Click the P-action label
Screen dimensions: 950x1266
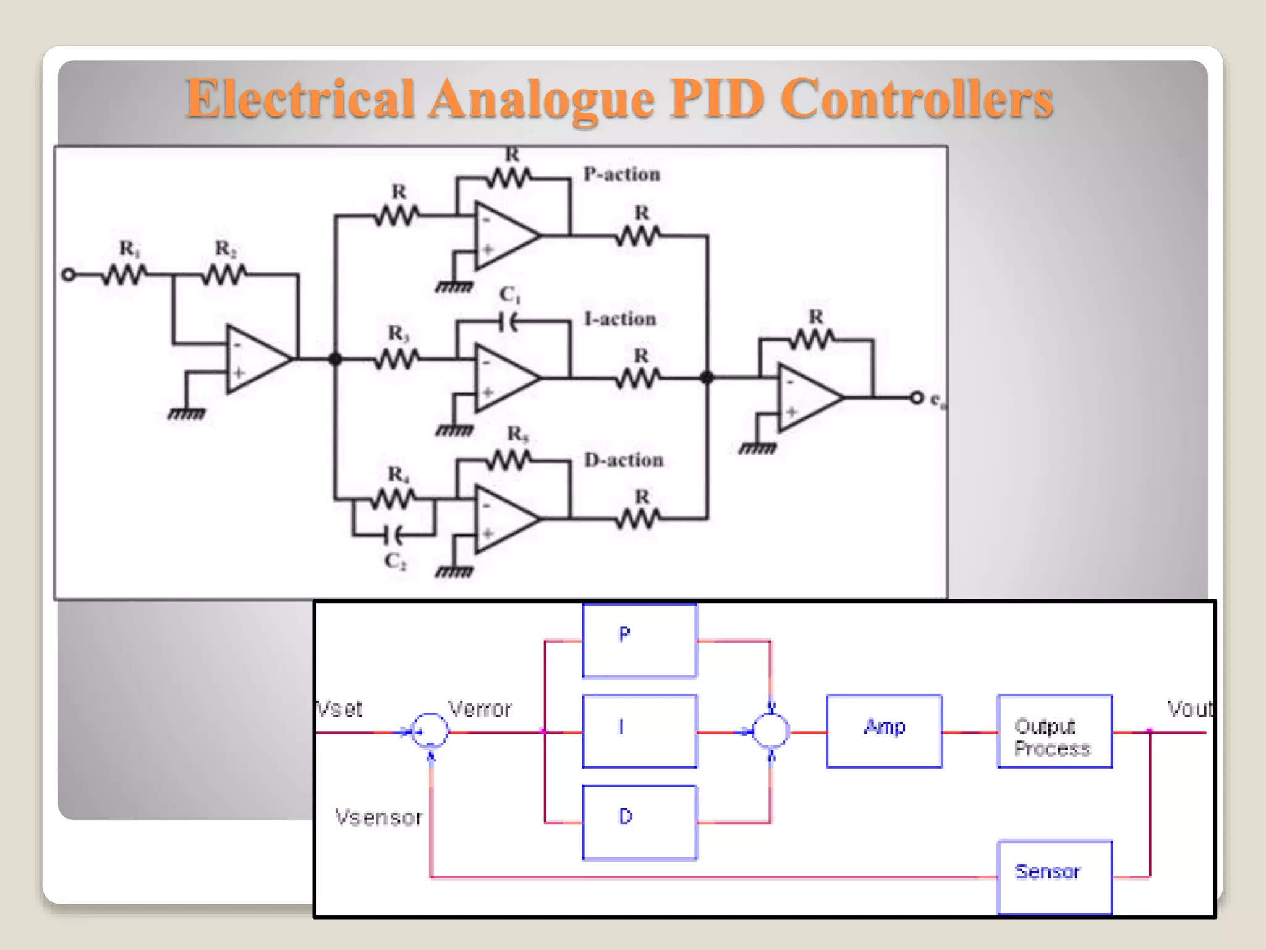point(622,174)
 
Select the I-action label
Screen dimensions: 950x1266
point(620,319)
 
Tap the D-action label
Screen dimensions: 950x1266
point(624,460)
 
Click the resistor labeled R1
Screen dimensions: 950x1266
point(125,274)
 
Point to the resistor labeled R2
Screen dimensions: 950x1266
point(224,274)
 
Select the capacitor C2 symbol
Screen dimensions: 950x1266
point(394,534)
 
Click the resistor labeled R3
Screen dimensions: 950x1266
point(397,358)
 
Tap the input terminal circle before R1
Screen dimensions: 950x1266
point(69,275)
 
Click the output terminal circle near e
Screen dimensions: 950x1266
point(916,398)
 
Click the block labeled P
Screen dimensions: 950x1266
point(639,640)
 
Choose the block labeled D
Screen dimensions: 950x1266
point(639,822)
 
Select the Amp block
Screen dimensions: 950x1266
point(884,731)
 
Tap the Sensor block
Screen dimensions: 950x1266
point(1055,876)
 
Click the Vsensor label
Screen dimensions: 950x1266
point(378,818)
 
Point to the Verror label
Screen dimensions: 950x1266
point(480,709)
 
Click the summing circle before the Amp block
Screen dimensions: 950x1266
point(770,731)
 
